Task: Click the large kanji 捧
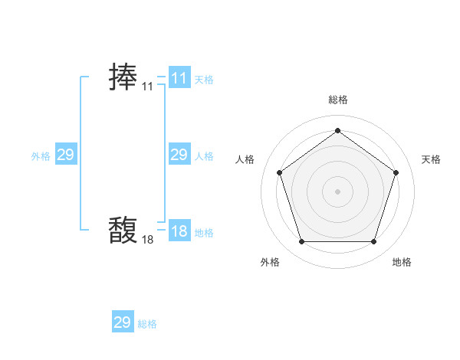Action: tap(123, 78)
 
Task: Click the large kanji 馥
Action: tap(123, 229)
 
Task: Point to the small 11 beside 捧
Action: tap(147, 87)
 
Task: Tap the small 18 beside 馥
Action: tap(147, 240)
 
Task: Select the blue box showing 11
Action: tap(179, 78)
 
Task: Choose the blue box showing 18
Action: tap(179, 231)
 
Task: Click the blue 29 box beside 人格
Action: tap(179, 155)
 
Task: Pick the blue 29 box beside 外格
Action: tap(66, 155)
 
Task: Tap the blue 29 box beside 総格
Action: tap(123, 322)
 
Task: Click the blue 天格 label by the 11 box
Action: tap(204, 80)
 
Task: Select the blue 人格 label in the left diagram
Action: tap(204, 156)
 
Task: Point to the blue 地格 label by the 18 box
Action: tap(204, 233)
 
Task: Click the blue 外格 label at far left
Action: tap(41, 156)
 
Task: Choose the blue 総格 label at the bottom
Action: tap(147, 324)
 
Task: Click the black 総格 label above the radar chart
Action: tap(337, 100)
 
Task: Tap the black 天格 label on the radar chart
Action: tap(431, 159)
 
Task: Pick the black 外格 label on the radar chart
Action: tap(270, 262)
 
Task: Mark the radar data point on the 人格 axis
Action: tap(279, 172)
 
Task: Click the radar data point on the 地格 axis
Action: tap(373, 242)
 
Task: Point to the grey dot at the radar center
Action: tap(337, 191)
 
